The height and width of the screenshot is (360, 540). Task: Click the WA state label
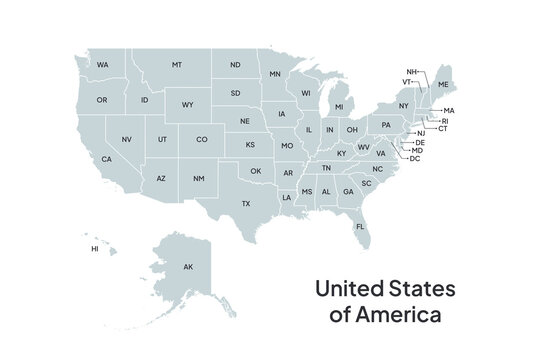point(102,65)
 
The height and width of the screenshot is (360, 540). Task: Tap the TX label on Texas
point(245,204)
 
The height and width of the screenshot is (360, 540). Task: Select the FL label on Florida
point(360,227)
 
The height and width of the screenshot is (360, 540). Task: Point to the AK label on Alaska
point(187,267)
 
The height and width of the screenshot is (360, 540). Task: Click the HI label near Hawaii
point(95,248)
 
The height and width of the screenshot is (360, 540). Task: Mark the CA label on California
point(106,159)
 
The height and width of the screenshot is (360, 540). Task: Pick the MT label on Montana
point(176,65)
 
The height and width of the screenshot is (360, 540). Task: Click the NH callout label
point(411,72)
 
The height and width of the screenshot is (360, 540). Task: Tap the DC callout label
point(415,158)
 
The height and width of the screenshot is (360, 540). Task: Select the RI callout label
point(445,120)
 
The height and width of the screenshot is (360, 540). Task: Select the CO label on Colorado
point(201,140)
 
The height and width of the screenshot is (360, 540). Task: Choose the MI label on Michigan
point(339,107)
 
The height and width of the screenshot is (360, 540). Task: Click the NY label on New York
point(403,105)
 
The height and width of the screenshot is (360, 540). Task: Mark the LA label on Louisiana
point(286,198)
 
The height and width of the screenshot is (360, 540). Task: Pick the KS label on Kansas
point(250,145)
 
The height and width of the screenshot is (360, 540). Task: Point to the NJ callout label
point(421,133)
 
